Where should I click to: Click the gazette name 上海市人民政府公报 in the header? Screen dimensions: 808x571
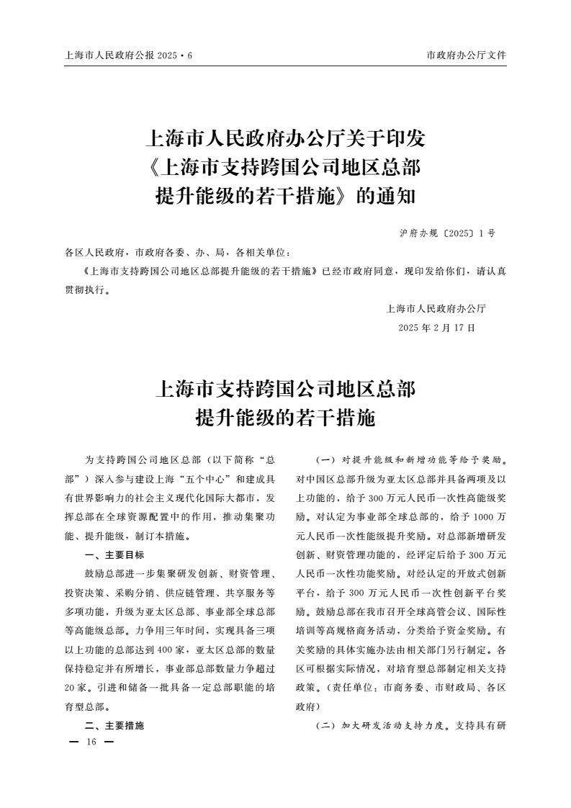(109, 55)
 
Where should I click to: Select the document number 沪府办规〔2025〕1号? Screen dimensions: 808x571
(446, 234)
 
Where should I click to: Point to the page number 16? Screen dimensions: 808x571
(91, 742)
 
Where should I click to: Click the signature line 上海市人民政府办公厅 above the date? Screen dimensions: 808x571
(437, 309)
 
